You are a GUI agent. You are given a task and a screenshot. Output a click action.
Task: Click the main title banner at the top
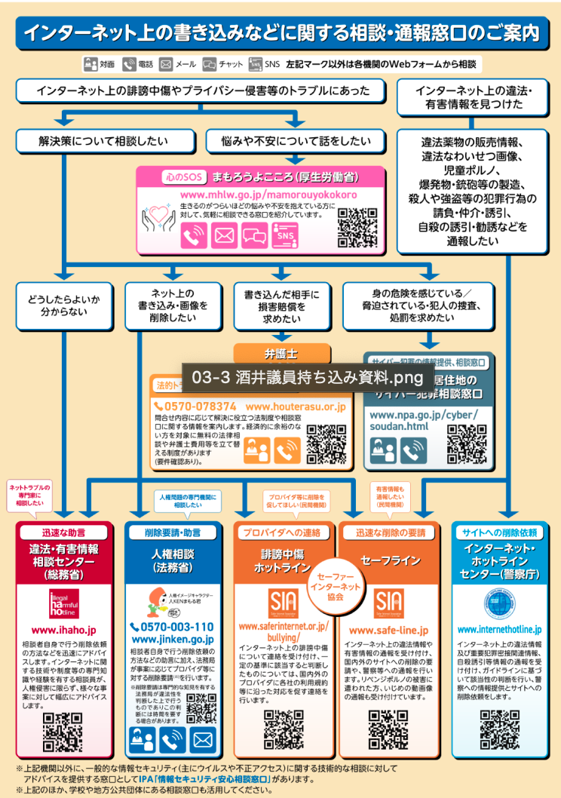280,32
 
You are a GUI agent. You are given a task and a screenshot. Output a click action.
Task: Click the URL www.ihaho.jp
63,629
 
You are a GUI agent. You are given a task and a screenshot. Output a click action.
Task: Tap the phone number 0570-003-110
173,627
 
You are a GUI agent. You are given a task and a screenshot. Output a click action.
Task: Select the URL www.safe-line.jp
388,630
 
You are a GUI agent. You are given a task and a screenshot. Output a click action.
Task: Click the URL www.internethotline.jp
499,629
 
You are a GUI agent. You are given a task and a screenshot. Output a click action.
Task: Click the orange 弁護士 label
281,352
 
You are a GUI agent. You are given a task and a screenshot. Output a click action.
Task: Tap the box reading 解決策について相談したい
106,140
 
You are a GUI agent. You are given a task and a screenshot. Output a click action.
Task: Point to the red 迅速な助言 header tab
63,532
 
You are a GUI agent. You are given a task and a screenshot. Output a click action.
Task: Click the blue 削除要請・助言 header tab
173,532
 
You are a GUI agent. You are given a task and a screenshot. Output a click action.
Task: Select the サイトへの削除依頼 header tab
499,532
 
